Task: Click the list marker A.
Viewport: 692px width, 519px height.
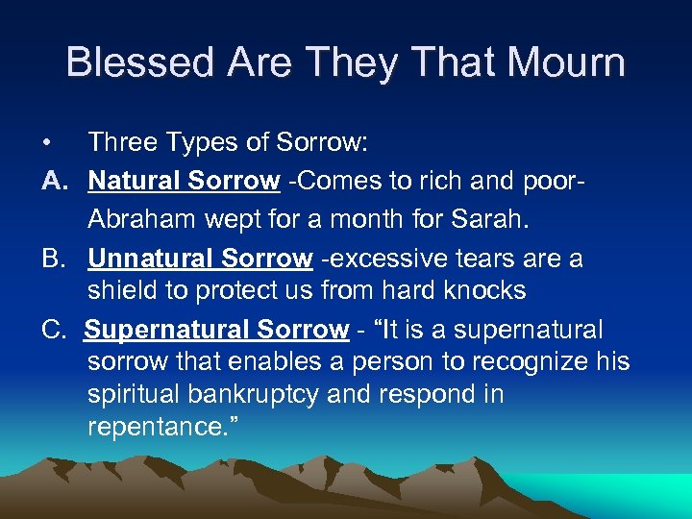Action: tap(53, 181)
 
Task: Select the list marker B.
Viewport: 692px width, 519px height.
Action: tap(54, 259)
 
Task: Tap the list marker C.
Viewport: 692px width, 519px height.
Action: tap(54, 330)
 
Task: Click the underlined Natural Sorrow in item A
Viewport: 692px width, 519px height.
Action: tap(184, 181)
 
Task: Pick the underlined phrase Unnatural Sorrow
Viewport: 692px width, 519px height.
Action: tap(200, 259)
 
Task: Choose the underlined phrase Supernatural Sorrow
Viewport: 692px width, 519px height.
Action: tap(216, 330)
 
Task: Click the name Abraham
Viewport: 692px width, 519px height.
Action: tap(142, 219)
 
